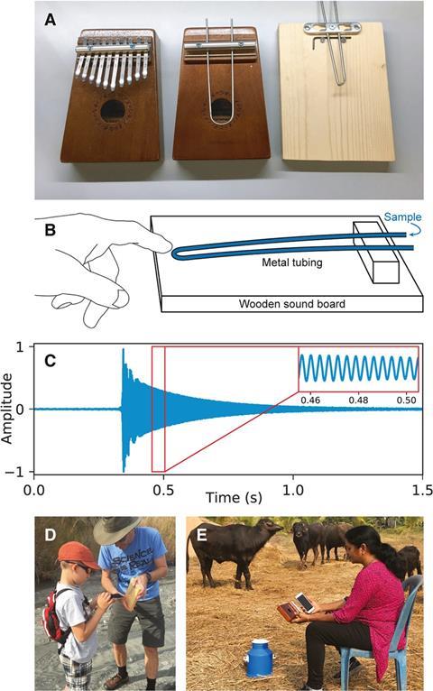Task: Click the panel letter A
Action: coord(51,20)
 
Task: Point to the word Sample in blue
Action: coord(402,217)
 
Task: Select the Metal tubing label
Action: coord(292,263)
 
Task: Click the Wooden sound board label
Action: coord(291,304)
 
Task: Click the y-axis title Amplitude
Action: coord(7,408)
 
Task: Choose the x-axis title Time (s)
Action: coord(235,498)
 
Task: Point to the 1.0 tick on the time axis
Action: coord(293,490)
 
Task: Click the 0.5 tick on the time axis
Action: coord(164,490)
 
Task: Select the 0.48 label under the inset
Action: coord(358,401)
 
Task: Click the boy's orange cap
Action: coord(78,556)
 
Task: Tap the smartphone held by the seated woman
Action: coord(305,602)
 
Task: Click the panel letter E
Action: coord(202,535)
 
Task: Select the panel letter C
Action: coord(51,361)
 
